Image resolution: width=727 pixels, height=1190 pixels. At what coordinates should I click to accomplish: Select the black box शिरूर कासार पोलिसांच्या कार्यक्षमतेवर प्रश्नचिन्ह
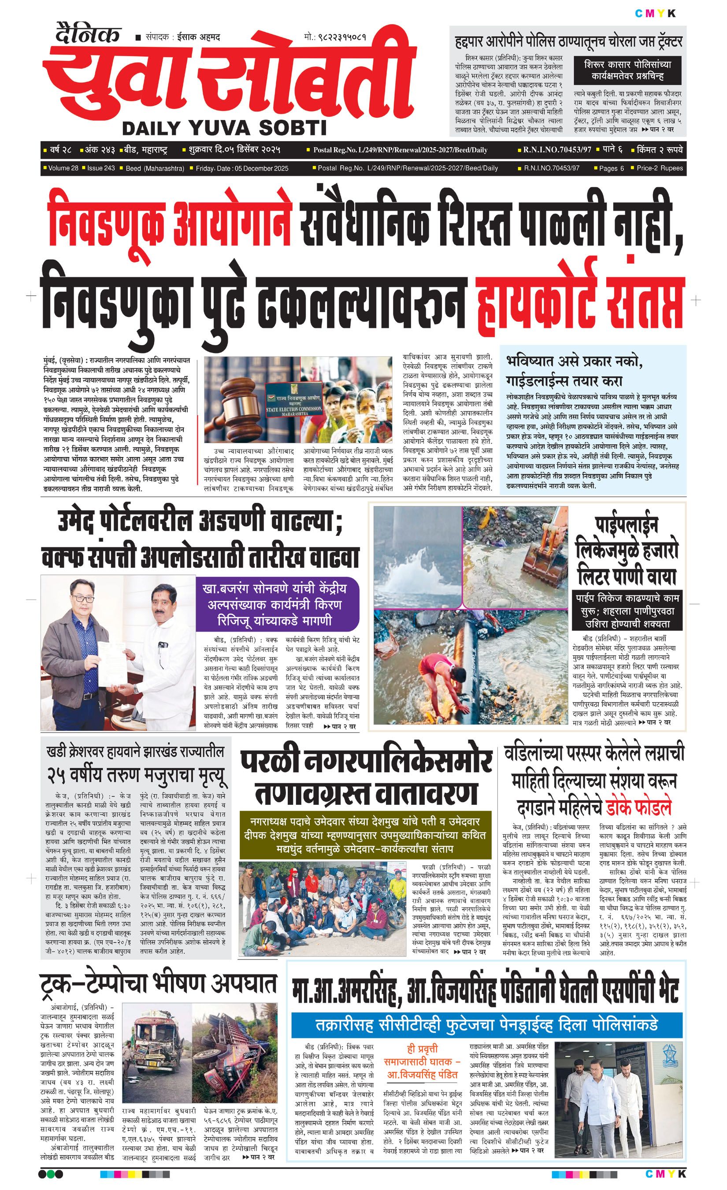(x=627, y=70)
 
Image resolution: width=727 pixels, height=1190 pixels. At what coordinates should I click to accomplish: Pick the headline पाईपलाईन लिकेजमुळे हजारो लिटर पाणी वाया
(x=627, y=550)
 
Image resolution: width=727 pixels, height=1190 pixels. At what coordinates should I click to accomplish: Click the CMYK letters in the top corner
(x=655, y=14)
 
